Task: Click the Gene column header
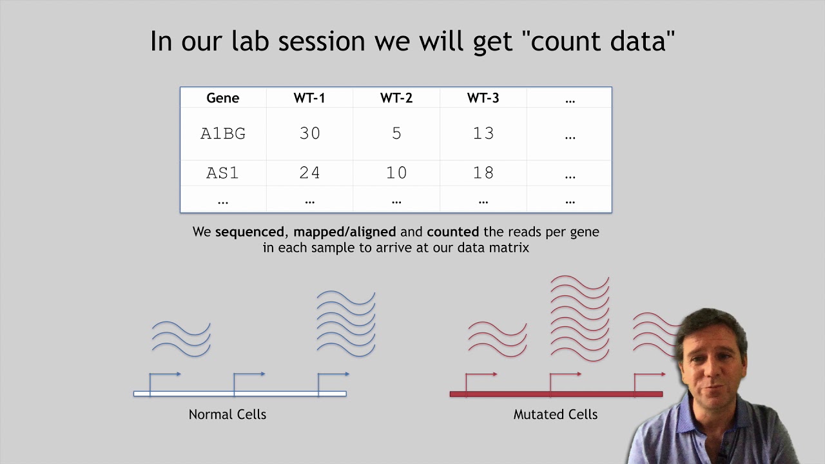[x=222, y=99]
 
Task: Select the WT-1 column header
[x=309, y=99]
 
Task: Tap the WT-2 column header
[x=396, y=99]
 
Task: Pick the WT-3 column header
[x=483, y=99]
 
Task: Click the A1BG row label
[x=223, y=133]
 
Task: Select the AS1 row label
[x=223, y=173]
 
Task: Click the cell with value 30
[x=309, y=133]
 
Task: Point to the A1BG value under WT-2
[x=396, y=133]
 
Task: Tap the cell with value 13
[x=483, y=133]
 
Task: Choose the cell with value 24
[x=309, y=173]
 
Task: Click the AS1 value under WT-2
[x=396, y=173]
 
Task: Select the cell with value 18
[x=483, y=173]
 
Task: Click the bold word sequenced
[x=249, y=232]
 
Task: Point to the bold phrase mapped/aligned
[x=345, y=232]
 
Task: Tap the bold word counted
[x=452, y=232]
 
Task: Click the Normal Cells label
[x=227, y=414]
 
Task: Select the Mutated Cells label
[x=555, y=414]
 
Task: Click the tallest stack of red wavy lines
[x=580, y=318]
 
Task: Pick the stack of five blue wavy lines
[x=346, y=324]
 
